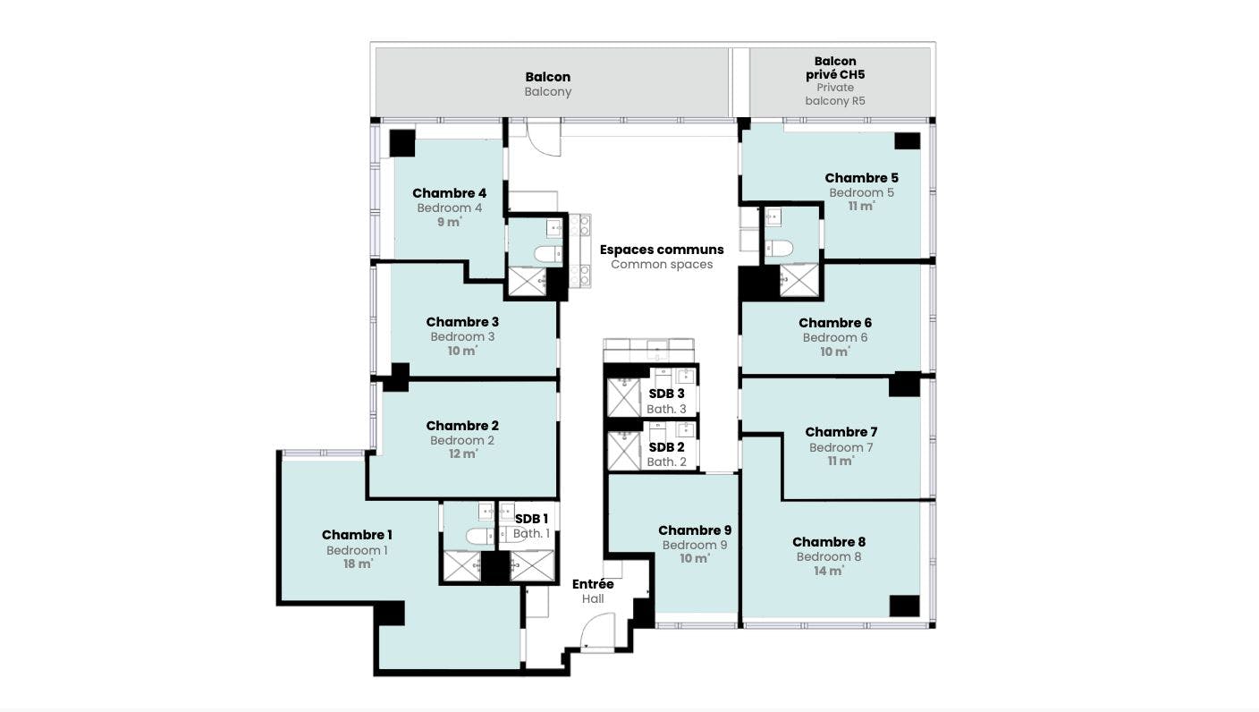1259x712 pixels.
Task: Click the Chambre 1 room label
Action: [357, 535]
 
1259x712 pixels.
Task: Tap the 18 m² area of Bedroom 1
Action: [358, 564]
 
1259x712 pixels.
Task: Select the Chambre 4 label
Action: [449, 193]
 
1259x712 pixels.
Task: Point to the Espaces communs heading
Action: [662, 250]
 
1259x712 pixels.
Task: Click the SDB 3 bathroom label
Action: [666, 394]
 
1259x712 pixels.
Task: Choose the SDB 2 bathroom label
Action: [666, 447]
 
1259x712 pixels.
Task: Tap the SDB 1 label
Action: [531, 519]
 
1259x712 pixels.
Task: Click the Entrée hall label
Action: [593, 584]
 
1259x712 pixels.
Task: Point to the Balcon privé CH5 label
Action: [835, 67]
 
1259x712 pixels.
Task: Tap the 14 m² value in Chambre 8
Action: [829, 572]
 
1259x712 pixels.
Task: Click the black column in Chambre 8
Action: [904, 606]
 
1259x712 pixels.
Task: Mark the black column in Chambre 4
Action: [402, 143]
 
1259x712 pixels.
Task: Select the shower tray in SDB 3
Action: [624, 398]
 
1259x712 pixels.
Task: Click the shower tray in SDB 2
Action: [624, 451]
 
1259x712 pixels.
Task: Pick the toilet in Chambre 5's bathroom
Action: [780, 248]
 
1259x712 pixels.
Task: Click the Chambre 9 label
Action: [695, 530]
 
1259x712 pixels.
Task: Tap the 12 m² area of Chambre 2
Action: [463, 453]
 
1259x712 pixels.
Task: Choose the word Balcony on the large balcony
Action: [548, 91]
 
